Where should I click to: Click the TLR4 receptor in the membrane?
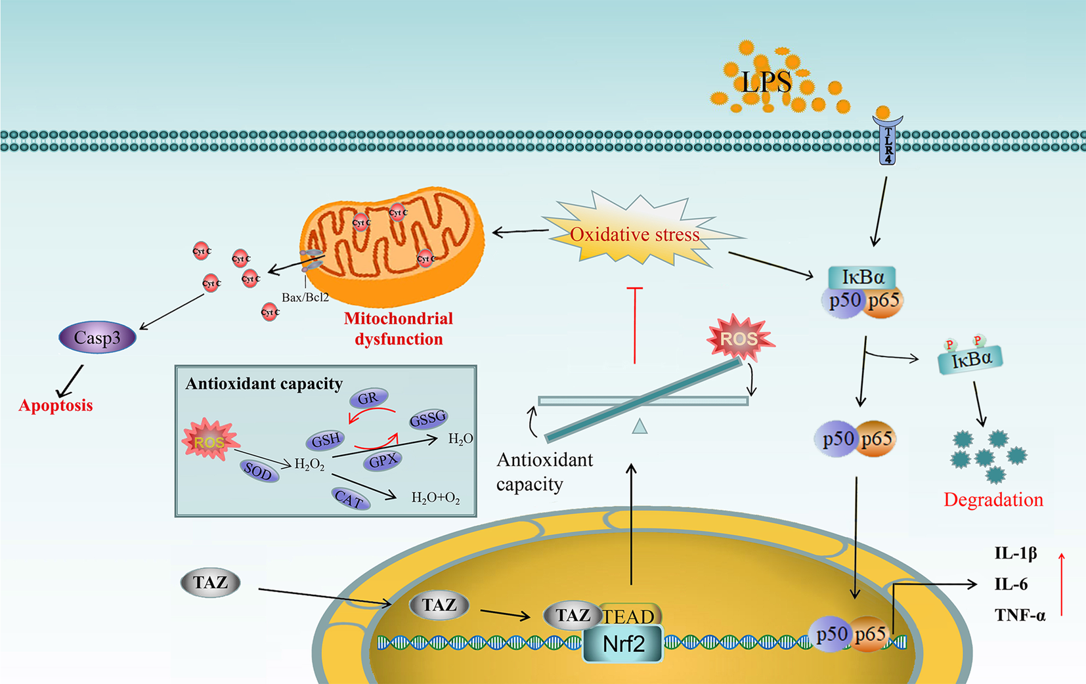[887, 141]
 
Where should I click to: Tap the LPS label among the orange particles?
[766, 83]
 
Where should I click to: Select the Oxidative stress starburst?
[634, 234]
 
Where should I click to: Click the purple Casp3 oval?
[97, 338]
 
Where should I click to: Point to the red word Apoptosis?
[56, 406]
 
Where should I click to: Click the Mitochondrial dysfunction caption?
[399, 329]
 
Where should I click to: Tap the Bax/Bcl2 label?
[305, 297]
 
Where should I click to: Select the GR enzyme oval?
[368, 398]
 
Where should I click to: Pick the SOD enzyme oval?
[258, 471]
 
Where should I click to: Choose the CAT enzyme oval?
[349, 499]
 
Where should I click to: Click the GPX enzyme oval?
[383, 461]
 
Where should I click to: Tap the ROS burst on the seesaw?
[739, 339]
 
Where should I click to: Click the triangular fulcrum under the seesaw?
[640, 427]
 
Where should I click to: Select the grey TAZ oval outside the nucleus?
[210, 583]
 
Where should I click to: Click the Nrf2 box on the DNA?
[623, 643]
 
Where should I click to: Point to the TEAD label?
[629, 616]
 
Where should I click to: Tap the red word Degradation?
[993, 500]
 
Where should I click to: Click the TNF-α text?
[1020, 615]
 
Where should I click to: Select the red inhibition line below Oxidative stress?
[635, 325]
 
